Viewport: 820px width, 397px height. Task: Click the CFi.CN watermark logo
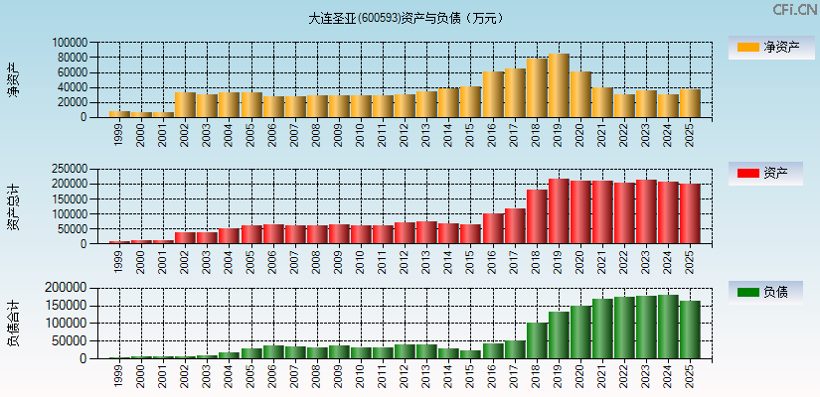(x=794, y=9)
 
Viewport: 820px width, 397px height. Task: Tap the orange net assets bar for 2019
(x=559, y=85)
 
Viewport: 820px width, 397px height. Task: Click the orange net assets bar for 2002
(x=185, y=104)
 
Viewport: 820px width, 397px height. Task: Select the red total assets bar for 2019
(x=559, y=211)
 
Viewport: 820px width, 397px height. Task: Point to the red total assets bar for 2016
(x=493, y=228)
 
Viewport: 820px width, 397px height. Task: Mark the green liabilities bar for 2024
(x=668, y=327)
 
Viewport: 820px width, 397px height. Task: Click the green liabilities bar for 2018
(x=537, y=340)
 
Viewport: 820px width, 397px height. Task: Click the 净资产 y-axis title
(x=13, y=78)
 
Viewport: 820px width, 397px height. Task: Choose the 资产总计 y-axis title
(x=13, y=206)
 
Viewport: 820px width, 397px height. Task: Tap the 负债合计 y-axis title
(x=13, y=323)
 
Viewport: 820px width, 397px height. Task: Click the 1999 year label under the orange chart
(x=119, y=133)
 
